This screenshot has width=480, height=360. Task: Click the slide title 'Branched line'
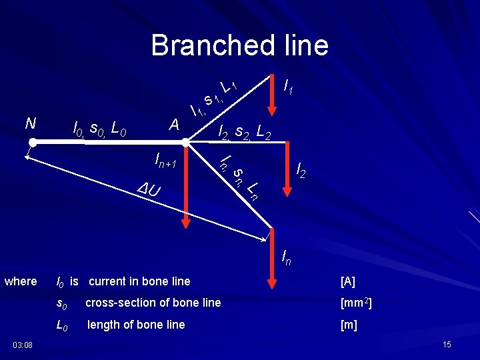point(239,45)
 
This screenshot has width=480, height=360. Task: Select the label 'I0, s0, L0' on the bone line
point(100,127)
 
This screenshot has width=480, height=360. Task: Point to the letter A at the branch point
point(174,125)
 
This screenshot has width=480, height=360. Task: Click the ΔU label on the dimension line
point(149,190)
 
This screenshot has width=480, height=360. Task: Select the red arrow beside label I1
point(271,93)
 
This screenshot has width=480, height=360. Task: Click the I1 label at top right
point(290,86)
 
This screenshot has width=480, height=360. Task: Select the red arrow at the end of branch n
point(272,260)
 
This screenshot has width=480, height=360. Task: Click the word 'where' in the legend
point(21,281)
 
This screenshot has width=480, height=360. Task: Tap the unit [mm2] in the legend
point(355,303)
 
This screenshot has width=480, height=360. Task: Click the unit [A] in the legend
point(348,281)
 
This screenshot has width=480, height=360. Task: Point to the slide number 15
point(447,344)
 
